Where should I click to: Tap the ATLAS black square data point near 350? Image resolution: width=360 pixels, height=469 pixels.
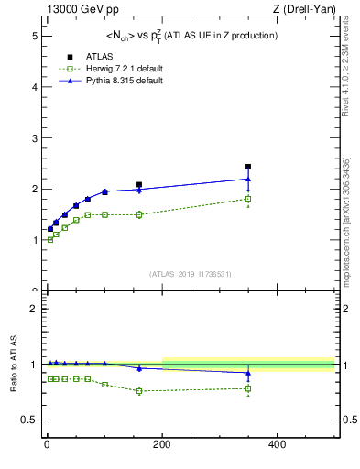[248, 167]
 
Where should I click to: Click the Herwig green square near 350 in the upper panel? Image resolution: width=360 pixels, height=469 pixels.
[248, 199]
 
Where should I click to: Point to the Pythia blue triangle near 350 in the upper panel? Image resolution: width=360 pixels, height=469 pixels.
[248, 179]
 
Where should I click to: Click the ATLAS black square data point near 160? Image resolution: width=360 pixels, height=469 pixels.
[139, 184]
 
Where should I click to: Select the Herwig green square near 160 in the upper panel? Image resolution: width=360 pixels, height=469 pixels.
[139, 214]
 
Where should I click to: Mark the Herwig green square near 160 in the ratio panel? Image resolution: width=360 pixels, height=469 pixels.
[139, 391]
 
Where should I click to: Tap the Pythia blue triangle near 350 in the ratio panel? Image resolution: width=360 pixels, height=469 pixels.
[248, 373]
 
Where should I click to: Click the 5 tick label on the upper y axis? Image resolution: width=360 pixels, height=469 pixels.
[34, 36]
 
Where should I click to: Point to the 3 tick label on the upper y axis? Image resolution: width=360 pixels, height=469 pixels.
[34, 138]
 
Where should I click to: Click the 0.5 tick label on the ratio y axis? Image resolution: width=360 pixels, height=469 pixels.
[28, 420]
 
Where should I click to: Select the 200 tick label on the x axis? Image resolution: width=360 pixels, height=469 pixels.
[162, 444]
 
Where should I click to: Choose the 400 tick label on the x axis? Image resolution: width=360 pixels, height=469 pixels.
[277, 444]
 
